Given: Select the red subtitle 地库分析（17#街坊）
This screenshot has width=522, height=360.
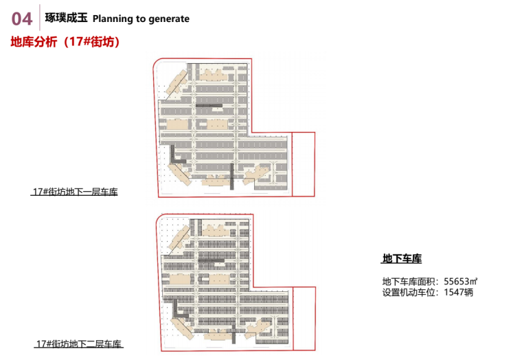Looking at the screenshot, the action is pyautogui.click(x=65, y=42).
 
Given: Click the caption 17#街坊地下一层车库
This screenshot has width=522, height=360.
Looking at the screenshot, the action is pyautogui.click(x=75, y=192).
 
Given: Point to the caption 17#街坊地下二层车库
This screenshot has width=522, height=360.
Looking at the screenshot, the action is pyautogui.click(x=79, y=343).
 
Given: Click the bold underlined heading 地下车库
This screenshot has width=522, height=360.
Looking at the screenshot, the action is pyautogui.click(x=401, y=259).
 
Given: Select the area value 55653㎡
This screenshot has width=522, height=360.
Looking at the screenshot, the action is pyautogui.click(x=460, y=280).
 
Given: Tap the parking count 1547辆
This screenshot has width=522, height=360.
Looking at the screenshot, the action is pyautogui.click(x=458, y=292).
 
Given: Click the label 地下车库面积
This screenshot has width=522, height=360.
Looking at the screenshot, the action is pyautogui.click(x=411, y=280).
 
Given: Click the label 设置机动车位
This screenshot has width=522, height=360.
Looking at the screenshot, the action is pyautogui.click(x=411, y=292).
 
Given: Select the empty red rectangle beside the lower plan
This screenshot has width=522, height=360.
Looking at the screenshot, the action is pyautogui.click(x=304, y=315).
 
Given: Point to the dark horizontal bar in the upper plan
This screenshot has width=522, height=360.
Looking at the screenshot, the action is pyautogui.click(x=210, y=104).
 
